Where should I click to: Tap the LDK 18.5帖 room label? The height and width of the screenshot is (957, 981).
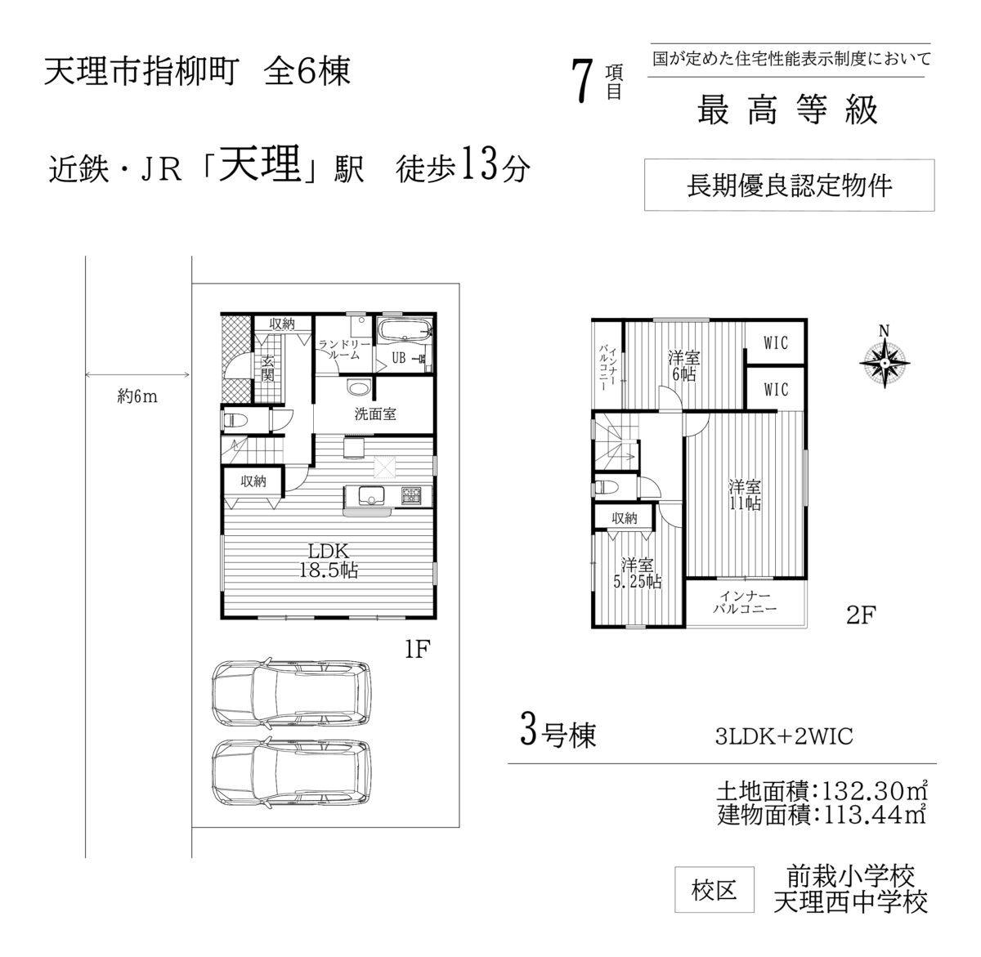point(329,561)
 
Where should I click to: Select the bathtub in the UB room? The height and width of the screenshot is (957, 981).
point(405,330)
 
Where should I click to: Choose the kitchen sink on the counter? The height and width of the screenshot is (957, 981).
point(371,495)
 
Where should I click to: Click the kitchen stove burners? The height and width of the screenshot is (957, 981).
point(411,495)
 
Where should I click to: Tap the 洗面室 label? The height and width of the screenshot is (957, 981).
point(375,414)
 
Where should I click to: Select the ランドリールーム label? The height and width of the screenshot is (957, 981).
point(344,349)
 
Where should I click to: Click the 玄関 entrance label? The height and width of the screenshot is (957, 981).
point(267,369)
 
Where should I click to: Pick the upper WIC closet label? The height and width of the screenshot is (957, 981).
point(775,343)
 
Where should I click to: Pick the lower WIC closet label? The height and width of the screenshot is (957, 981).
point(775,390)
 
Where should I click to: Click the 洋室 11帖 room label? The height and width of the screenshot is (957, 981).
point(745,495)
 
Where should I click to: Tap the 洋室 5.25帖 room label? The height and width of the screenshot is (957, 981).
point(637,573)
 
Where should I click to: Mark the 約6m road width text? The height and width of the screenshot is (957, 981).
point(137,396)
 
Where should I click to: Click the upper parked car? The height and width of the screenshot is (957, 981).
point(291,692)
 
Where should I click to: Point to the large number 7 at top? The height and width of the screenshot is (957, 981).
point(583,81)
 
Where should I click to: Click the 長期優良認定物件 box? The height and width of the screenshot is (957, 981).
point(789,185)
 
